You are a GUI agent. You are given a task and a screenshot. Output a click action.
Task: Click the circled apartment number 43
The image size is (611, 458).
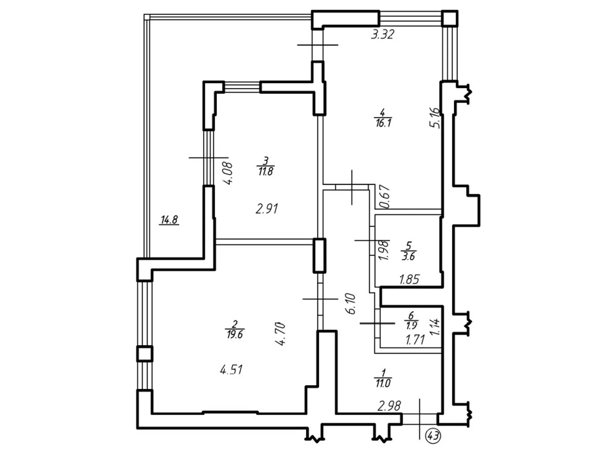click(433, 435)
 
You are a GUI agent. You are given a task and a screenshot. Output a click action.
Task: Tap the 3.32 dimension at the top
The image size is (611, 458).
click(382, 35)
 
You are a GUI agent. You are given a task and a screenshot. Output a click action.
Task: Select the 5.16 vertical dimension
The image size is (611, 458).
click(435, 118)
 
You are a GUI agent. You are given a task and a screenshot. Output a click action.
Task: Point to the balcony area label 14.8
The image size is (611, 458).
click(169, 220)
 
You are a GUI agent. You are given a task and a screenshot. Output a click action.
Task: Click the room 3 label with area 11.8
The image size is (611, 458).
click(266, 166)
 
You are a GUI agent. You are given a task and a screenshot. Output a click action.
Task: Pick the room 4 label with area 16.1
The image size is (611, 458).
click(383, 118)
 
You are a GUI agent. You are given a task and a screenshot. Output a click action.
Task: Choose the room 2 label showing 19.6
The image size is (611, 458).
click(234, 329)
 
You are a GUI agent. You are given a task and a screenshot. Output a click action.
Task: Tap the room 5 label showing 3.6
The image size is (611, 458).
click(408, 251)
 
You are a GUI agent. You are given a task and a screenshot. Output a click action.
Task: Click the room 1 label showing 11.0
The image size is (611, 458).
click(383, 378)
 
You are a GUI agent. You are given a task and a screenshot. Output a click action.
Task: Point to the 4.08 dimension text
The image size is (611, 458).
click(228, 174)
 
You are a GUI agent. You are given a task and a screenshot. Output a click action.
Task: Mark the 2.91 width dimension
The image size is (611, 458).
click(267, 209)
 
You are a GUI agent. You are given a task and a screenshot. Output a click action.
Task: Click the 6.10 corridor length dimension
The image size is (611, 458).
click(350, 304)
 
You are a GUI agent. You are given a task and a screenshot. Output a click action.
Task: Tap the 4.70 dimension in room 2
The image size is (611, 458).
click(281, 334)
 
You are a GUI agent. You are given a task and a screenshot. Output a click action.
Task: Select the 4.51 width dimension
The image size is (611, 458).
click(231, 369)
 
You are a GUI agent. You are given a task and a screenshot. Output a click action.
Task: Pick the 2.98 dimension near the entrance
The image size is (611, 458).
click(389, 406)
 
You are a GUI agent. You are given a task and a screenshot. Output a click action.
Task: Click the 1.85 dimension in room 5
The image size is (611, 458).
click(409, 280)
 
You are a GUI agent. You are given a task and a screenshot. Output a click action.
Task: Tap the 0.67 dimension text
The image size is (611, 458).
click(385, 197)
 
